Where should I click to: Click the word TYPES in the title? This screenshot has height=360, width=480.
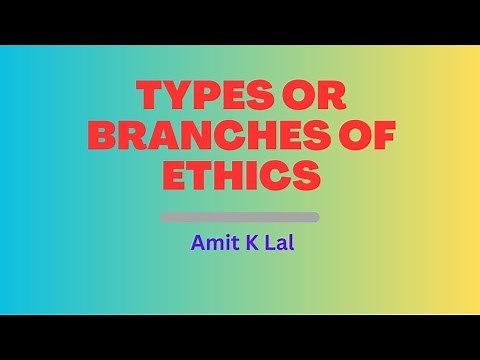tap(200, 97)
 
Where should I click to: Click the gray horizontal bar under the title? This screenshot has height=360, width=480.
tap(240, 217)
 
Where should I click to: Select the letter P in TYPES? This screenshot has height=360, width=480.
tap(202, 97)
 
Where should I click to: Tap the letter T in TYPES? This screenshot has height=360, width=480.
tap(149, 97)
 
